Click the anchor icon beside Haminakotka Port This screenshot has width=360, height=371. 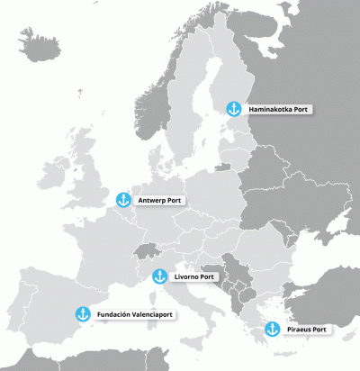pos(233,109)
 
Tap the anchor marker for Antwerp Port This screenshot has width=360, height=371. pos(124,199)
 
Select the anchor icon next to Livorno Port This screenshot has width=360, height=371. pos(159,276)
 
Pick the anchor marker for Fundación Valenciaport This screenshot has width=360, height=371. pos(82,314)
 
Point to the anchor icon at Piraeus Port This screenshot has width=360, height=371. pos(271,330)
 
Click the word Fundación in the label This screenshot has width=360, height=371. pos(112,314)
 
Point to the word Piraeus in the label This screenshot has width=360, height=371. pos(298,330)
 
